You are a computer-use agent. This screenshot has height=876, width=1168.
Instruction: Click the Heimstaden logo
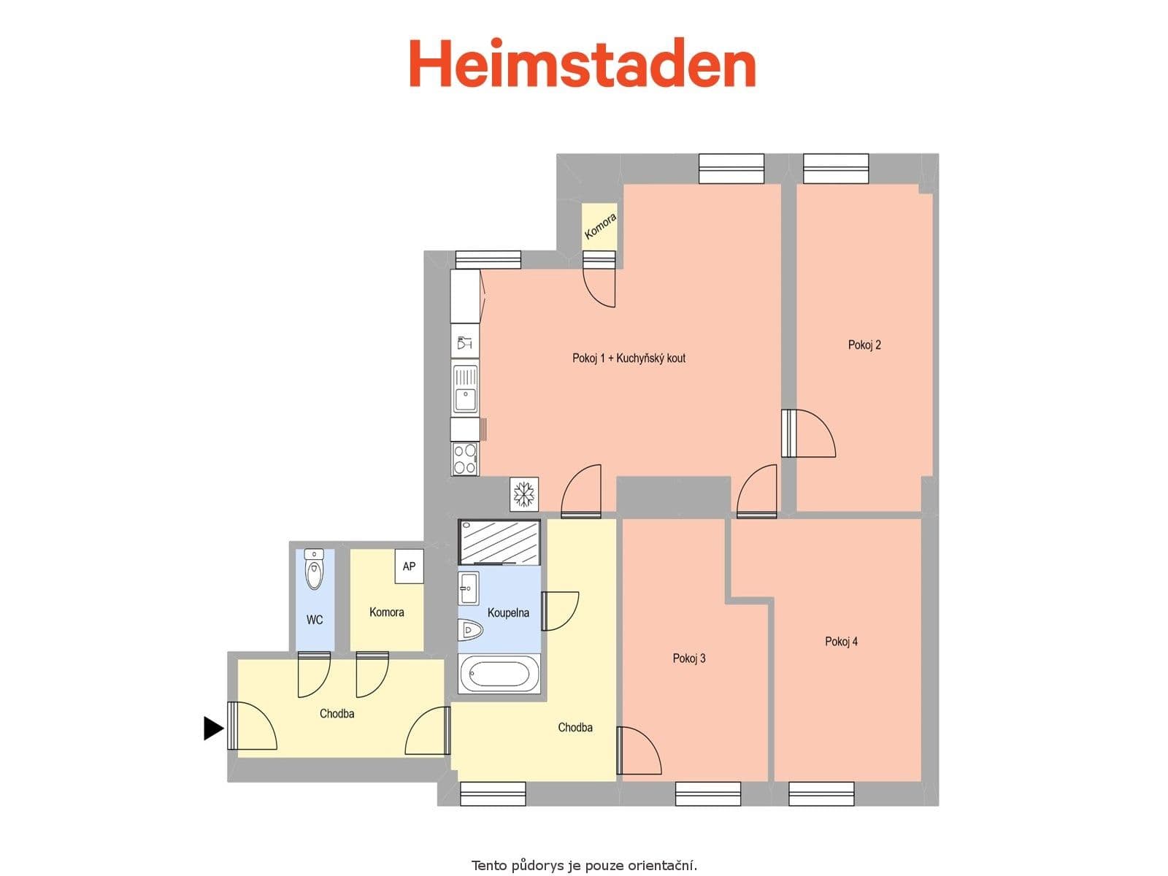coord(582,64)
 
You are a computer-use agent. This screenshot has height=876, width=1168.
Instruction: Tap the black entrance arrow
coord(212,728)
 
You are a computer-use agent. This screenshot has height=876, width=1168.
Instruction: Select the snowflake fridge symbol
coord(523,493)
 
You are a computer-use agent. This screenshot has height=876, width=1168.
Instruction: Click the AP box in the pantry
coord(409,566)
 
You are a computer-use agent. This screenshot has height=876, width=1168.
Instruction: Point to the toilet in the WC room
coord(314,571)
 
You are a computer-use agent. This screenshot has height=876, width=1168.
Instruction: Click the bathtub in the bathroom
coord(499,674)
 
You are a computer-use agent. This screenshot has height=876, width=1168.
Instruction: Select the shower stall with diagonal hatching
coord(499,542)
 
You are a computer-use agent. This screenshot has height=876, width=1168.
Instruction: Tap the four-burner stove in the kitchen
coord(465,458)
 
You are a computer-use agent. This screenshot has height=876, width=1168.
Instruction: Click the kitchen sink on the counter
coord(465,390)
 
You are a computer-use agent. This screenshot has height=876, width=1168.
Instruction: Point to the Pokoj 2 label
coord(864,345)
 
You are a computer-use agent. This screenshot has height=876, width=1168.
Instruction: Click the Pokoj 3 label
coord(689,658)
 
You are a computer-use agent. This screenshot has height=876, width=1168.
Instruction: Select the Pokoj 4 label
coord(841,642)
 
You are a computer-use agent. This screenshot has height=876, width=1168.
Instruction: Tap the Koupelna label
coord(508,613)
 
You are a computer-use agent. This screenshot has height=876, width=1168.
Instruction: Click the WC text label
coord(315,620)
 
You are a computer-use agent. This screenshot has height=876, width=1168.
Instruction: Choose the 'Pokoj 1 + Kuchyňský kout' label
coord(629,358)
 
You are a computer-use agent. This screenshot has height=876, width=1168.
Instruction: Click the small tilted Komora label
coord(600,226)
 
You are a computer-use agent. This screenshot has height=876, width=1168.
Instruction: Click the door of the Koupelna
coord(558,610)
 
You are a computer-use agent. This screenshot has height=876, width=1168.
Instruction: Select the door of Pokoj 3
coord(637,750)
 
